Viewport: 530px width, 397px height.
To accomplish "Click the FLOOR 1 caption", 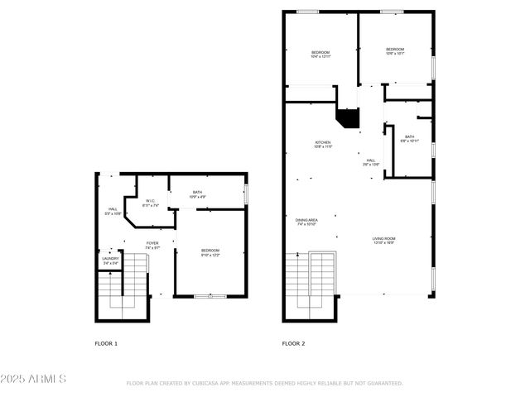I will [106, 342].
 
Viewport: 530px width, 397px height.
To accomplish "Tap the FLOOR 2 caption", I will [293, 342].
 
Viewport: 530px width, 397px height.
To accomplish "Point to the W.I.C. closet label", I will [151, 203].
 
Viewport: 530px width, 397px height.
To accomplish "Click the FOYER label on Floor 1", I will [152, 245].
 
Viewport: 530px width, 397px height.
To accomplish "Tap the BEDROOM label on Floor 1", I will [210, 252].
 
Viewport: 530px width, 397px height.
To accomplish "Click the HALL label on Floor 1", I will [113, 211].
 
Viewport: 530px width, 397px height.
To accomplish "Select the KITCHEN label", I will [323, 144].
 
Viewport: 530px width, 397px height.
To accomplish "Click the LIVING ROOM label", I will [383, 240].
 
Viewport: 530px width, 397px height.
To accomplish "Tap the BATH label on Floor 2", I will [410, 138].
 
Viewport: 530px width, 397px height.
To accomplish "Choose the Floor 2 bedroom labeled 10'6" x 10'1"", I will [395, 51].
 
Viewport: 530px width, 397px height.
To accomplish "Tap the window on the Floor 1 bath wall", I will [246, 194].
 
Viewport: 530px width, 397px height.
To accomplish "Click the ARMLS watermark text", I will [33, 379].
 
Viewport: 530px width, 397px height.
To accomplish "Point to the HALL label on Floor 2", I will [371, 162].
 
